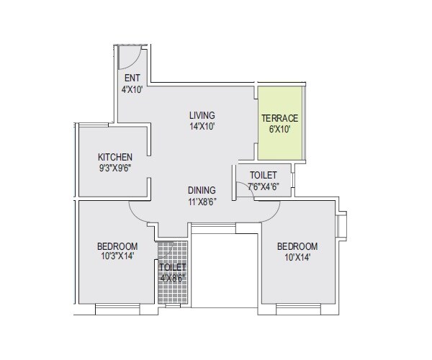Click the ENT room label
[x=132, y=78]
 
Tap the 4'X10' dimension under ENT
[x=132, y=89]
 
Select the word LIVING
[x=202, y=115]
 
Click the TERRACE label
[x=279, y=118]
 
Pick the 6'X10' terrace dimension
[x=279, y=130]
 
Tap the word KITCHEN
[x=115, y=157]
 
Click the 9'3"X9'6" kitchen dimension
[x=115, y=168]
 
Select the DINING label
[x=202, y=190]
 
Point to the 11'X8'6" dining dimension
[x=202, y=202]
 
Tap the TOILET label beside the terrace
[x=263, y=176]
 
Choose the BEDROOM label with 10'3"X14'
[x=117, y=246]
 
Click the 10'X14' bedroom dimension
[x=297, y=257]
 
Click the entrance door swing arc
[x=134, y=59]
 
